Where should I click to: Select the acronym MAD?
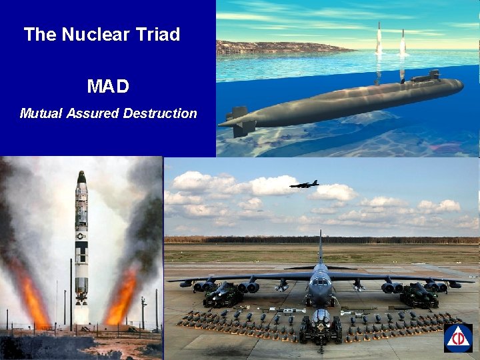(x=108, y=87)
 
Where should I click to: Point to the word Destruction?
(x=160, y=113)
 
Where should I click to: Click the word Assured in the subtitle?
(x=95, y=113)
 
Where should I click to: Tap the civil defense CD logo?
(x=458, y=338)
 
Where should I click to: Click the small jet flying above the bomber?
(x=304, y=185)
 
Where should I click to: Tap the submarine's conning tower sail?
(x=425, y=77)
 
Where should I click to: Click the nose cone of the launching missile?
(x=81, y=177)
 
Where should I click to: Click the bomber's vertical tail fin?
(x=320, y=248)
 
